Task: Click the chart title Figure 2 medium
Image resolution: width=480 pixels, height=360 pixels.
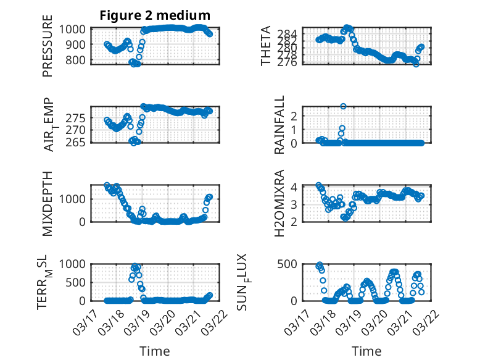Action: [x=155, y=15]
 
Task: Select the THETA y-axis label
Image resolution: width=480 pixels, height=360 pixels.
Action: [x=266, y=46]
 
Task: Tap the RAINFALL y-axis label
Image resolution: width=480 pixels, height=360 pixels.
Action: [x=279, y=125]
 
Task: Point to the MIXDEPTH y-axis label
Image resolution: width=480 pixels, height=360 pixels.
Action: [x=48, y=203]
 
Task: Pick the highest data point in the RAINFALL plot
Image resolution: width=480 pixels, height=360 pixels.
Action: [x=343, y=106]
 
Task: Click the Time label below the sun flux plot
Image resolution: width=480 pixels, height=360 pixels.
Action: [x=366, y=351]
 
